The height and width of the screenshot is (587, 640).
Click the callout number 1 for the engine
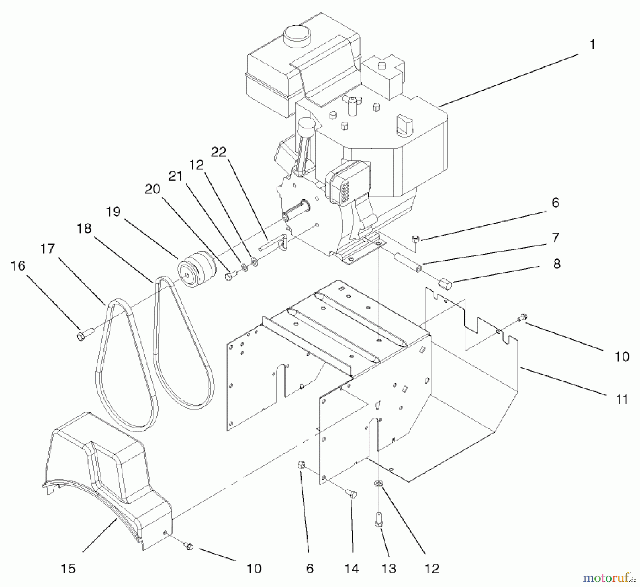[x=592, y=45]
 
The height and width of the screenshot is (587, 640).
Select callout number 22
[x=218, y=152]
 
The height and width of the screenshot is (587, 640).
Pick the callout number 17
[x=48, y=249]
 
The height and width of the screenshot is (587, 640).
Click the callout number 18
[x=84, y=228]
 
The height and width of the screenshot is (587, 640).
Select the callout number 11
[x=622, y=399]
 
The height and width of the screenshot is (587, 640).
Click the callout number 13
[x=389, y=569]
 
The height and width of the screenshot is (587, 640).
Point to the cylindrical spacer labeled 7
[x=407, y=261]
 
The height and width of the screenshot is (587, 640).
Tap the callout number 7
[x=555, y=238]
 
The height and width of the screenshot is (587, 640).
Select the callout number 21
[x=175, y=176]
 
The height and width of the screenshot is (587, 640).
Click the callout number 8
[x=556, y=263]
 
